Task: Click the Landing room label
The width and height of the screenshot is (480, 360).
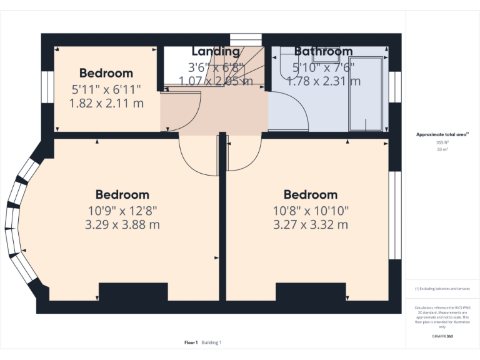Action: coord(216,51)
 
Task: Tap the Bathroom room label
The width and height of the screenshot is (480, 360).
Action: coord(323,51)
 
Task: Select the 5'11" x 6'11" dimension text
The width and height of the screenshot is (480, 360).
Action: coord(106,89)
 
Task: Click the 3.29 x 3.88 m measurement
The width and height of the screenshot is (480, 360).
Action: coord(122,224)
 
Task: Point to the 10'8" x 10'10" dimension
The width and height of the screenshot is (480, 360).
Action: coord(311,211)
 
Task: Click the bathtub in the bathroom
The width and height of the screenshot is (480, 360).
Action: coord(364,94)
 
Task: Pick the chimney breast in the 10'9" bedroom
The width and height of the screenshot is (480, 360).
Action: coord(133,292)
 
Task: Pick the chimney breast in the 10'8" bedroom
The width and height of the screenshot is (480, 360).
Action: coord(311,292)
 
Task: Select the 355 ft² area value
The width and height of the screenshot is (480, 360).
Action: coord(442,142)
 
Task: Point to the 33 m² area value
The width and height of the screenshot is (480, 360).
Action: coord(442,150)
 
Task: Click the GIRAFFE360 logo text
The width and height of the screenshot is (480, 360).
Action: coord(442,336)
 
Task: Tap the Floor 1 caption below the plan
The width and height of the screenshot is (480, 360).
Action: coord(191,342)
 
